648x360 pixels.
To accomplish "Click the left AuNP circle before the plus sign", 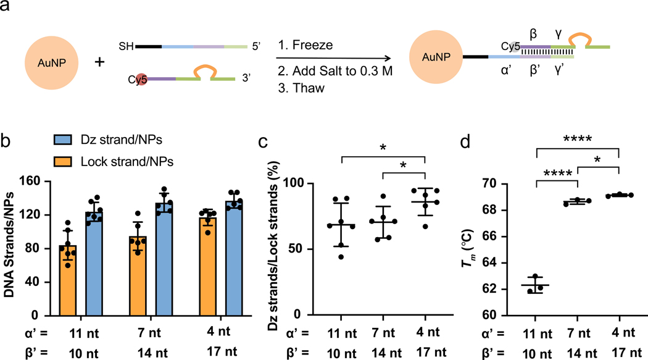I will (x=49, y=64).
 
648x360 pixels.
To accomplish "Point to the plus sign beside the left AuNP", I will (x=98, y=64).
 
